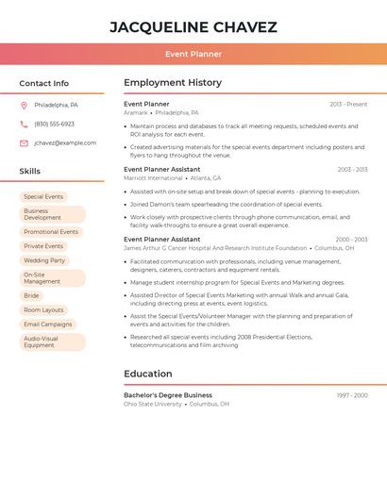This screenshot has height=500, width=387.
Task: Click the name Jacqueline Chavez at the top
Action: coord(193,26)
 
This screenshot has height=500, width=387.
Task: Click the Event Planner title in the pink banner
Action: coord(193,54)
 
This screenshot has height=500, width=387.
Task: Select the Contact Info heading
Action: coord(43,83)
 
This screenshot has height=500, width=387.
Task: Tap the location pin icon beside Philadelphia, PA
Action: coord(24,105)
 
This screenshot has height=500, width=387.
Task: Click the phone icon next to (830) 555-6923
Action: coord(24,124)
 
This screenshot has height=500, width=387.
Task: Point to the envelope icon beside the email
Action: coord(24,143)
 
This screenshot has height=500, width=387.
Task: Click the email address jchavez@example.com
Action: coord(65,143)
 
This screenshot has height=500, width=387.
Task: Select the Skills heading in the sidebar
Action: coord(30,172)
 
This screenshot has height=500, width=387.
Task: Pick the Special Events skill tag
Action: coord(43,196)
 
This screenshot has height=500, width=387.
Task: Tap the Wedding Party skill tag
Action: coord(44,260)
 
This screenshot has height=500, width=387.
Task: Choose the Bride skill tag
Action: coord(31,295)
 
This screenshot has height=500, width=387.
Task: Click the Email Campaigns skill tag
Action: coord(48,324)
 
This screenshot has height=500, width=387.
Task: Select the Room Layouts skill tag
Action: coord(43,309)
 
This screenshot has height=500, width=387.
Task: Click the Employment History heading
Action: coord(173,83)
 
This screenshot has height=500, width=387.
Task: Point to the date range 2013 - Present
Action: coord(348,104)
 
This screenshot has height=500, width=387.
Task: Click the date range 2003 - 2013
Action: coord(352,170)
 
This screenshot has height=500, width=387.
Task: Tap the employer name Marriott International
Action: coord(153,178)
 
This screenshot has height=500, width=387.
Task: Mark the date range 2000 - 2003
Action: coord(351,240)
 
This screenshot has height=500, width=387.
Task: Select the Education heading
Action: coord(148,374)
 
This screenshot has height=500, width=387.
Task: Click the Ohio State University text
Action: coord(153,404)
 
